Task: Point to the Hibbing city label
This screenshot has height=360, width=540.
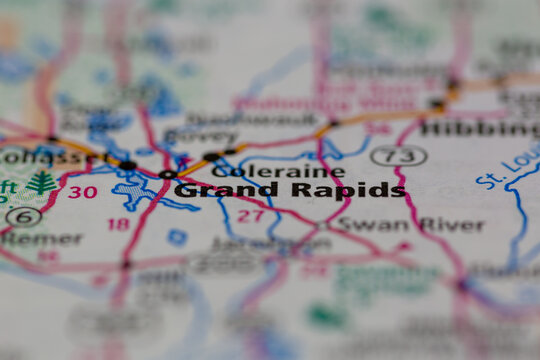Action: tap(479, 129)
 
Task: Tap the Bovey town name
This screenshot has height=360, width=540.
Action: tap(200, 136)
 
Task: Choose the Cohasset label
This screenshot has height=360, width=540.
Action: tap(41, 156)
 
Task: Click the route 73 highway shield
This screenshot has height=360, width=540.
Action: tap(398, 156)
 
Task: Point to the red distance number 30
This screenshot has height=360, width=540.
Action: tap(83, 192)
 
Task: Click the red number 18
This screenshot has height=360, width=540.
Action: tap(119, 224)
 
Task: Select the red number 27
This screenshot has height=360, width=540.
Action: tap(250, 215)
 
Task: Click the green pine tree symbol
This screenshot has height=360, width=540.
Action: tap(41, 182)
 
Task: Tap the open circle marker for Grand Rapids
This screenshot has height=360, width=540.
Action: tap(167, 174)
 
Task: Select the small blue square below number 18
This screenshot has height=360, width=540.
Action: tap(177, 237)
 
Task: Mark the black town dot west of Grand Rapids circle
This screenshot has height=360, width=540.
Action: tap(128, 165)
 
